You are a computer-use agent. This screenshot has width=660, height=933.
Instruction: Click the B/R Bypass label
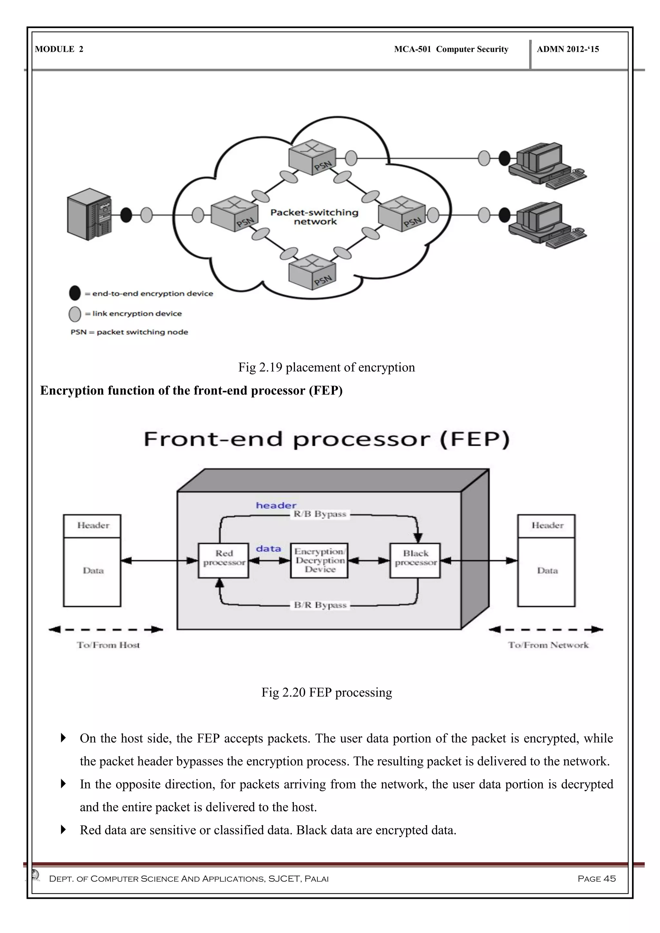tap(320, 605)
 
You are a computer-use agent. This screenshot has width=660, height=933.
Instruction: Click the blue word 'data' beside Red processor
tap(268, 549)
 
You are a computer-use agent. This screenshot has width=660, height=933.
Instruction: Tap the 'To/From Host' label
tap(108, 645)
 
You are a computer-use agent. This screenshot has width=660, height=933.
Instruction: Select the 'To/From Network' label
tap(548, 645)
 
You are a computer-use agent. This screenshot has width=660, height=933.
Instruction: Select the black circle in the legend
tap(75, 293)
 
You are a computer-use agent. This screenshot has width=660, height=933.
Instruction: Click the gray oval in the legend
tap(75, 314)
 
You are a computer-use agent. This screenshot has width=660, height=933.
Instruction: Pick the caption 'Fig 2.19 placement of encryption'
tap(326, 367)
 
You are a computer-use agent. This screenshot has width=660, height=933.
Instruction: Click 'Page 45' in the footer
tap(597, 879)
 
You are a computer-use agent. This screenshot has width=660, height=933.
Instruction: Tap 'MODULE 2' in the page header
tap(59, 49)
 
